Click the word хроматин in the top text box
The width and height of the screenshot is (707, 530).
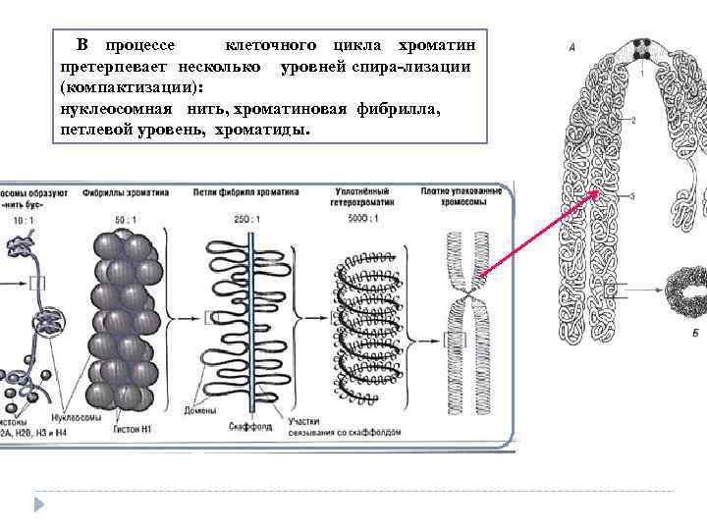[437, 47]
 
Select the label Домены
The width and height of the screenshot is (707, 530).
[199, 409]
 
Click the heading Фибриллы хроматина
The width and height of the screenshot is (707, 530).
[126, 193]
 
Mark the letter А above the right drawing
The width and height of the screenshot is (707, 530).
[571, 45]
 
